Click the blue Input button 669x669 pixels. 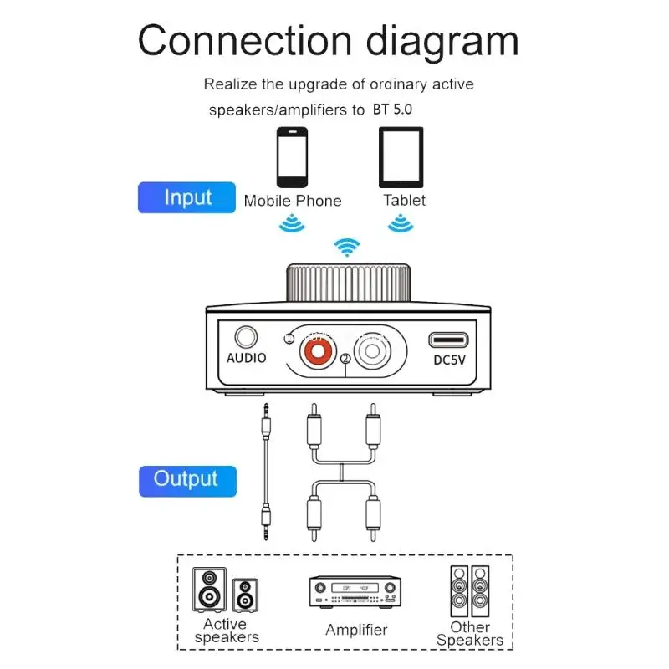(x=187, y=198)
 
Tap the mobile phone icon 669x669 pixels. (x=292, y=156)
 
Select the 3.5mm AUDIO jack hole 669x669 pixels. (x=246, y=337)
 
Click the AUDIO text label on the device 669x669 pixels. (x=247, y=358)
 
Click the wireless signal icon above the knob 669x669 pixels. (x=346, y=247)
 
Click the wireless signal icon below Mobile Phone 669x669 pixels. (x=291, y=223)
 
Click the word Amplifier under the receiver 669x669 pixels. (x=356, y=630)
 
